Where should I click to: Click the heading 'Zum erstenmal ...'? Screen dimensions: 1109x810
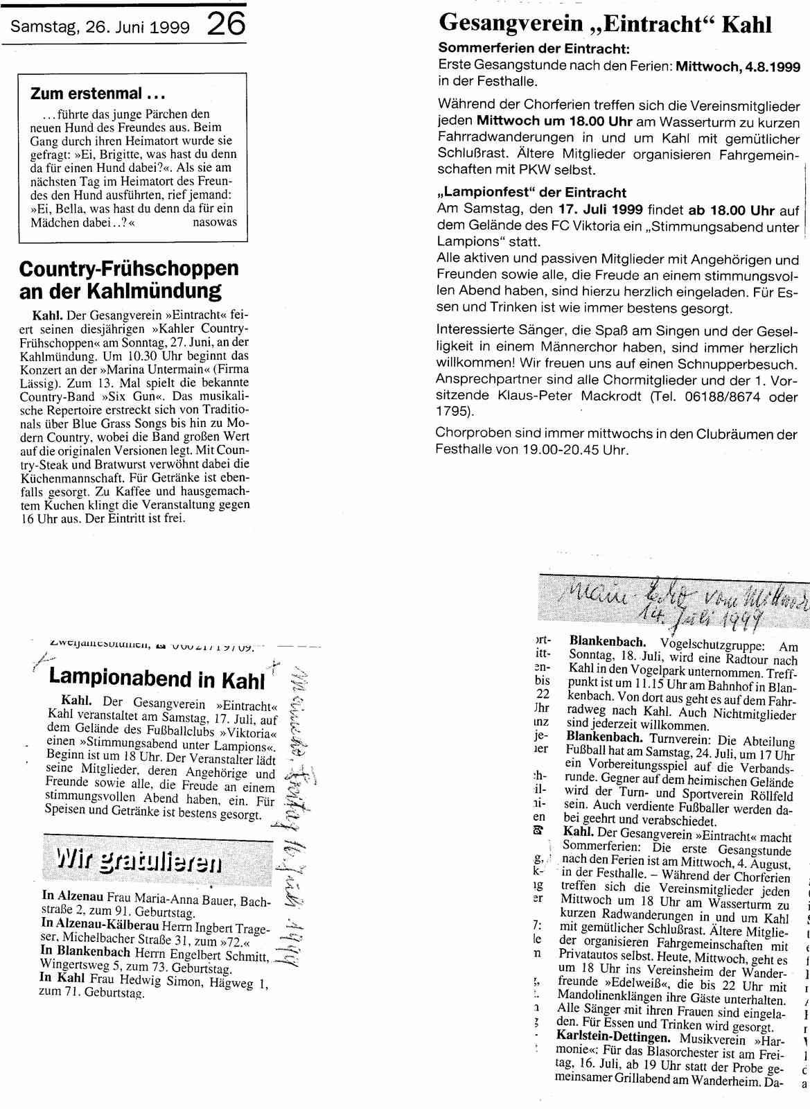[x=87, y=94]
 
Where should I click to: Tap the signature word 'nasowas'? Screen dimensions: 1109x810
[x=215, y=222]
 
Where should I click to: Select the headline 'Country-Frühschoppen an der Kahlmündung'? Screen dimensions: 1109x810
[x=129, y=279]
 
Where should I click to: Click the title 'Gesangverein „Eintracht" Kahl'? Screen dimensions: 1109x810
[x=605, y=25]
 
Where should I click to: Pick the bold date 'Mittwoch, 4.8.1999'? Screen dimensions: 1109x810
[x=738, y=67]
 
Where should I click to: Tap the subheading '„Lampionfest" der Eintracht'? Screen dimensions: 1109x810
[x=532, y=193]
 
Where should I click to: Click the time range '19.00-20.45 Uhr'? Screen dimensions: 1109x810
[x=579, y=449]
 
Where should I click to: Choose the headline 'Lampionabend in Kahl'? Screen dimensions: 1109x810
[x=157, y=679]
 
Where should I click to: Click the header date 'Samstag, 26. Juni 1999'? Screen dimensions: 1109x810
[x=100, y=28]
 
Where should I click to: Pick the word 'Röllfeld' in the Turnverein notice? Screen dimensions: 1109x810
[x=771, y=793]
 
